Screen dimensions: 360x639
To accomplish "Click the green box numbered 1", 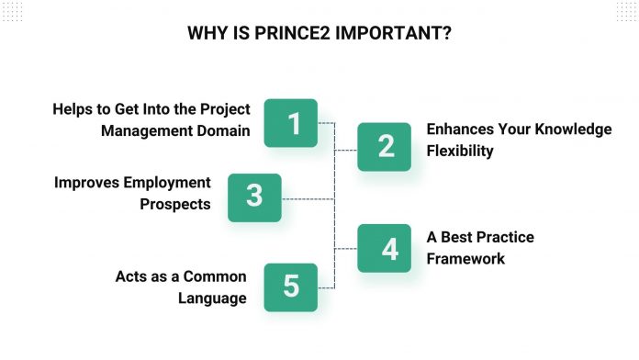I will (x=291, y=123).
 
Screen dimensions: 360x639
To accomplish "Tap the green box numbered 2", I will (x=384, y=146).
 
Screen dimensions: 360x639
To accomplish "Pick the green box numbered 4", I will (x=384, y=248).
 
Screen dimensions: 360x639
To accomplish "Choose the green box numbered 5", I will (x=291, y=287).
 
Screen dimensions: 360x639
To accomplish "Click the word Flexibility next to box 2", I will (x=460, y=151).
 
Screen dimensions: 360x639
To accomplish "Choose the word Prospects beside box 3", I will (x=175, y=204).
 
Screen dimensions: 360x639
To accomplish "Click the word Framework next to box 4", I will (x=465, y=259).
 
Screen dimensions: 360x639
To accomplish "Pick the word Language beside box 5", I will (x=213, y=298).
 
